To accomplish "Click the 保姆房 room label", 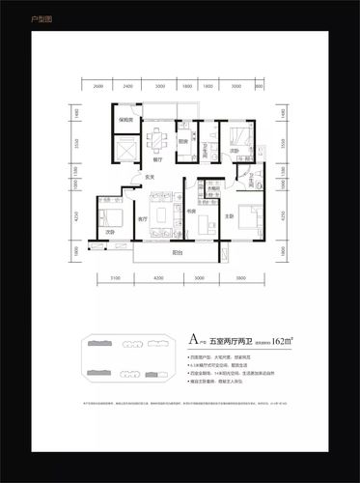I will click(x=125, y=119).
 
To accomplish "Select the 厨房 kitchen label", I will click(x=182, y=142).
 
